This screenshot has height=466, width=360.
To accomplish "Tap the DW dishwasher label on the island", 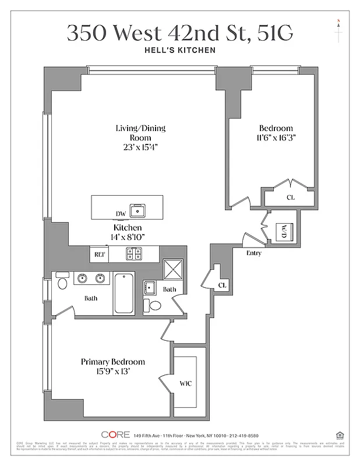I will coord(121,214).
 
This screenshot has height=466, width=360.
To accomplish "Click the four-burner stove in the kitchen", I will coord(134,254).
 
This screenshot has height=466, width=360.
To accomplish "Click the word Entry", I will coord(254,253).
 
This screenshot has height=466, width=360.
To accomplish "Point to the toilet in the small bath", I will coord(156,306).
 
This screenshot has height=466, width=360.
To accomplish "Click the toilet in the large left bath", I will coord(62,283).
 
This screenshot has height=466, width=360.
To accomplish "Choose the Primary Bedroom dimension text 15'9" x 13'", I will coord(112,372).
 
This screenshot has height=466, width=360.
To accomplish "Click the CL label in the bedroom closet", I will coord(290,197).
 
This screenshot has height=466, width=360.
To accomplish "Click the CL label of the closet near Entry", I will coord(223,285).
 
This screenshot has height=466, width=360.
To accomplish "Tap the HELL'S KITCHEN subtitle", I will coord(180,50).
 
